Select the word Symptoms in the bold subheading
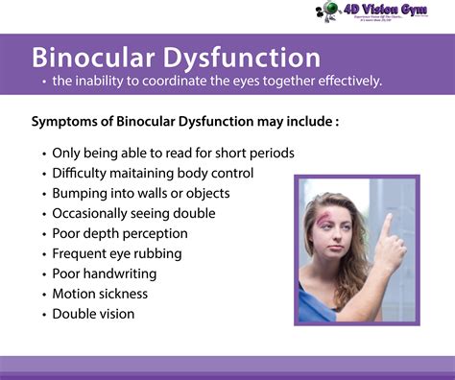(65, 122)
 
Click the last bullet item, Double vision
(93, 314)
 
